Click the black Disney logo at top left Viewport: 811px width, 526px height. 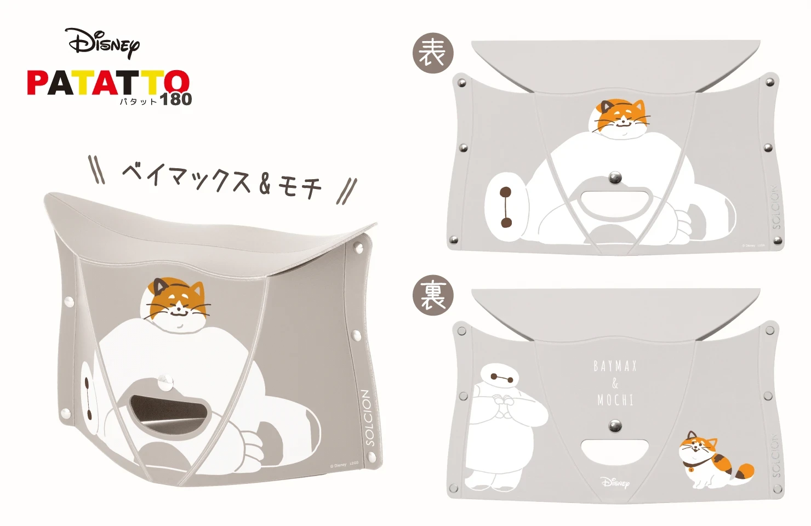tap(103, 43)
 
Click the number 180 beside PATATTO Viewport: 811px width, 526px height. tap(175, 99)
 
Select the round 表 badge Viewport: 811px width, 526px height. tap(432, 53)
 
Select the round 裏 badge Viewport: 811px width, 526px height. tap(432, 296)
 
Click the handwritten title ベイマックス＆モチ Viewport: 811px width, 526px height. tap(222, 179)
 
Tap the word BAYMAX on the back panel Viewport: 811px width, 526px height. tap(615, 366)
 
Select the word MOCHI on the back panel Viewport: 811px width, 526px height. tap(615, 401)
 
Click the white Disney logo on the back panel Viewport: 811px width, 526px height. tap(615, 482)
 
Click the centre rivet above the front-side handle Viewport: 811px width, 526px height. tap(615, 177)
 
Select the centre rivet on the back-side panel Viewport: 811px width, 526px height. tap(615, 425)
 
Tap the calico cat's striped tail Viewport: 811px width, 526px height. tap(743, 470)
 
